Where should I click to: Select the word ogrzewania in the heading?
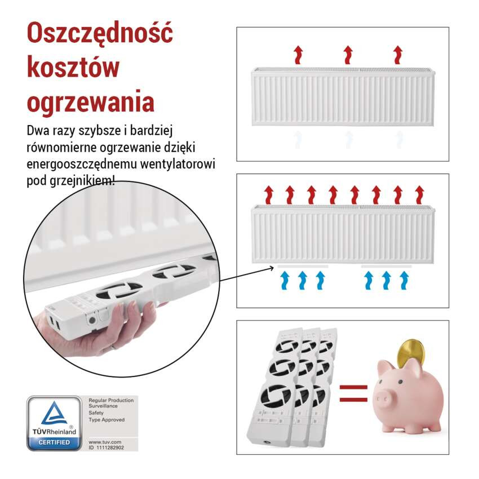coord(91,102)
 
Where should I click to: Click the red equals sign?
coord(353,393)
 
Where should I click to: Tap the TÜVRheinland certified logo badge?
coord(54,423)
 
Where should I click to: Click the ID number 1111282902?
coord(110,447)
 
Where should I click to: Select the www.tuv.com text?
coord(102,442)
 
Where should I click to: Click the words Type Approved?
coord(107,420)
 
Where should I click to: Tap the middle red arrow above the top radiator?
coord(348,55)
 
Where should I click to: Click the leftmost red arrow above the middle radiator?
coord(269,194)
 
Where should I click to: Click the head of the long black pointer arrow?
coord(273,266)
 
